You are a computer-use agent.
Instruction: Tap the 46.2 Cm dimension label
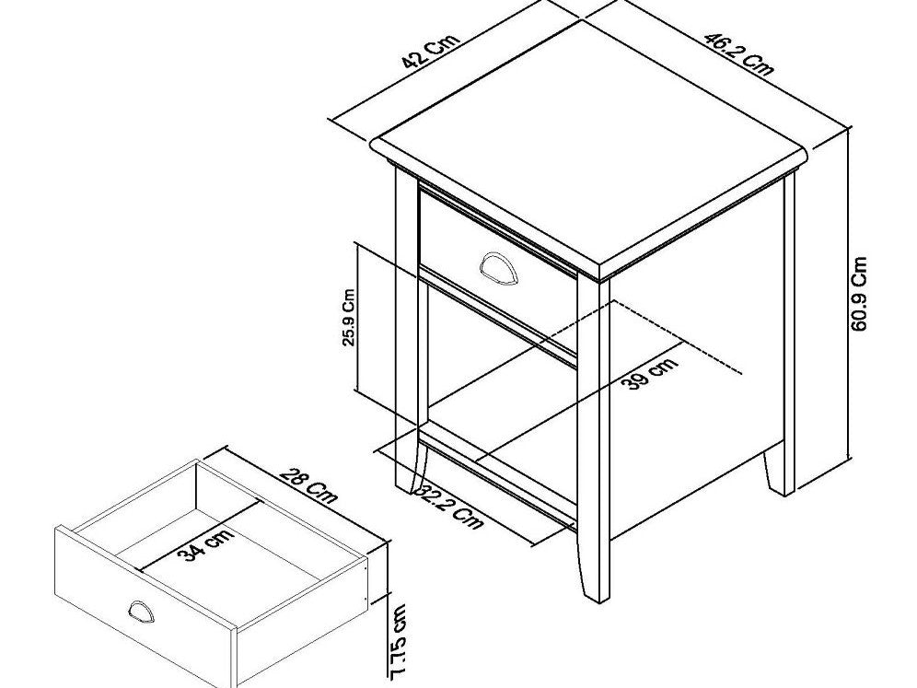pyautogui.click(x=738, y=53)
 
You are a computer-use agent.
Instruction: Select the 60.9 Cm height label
pyautogui.click(x=860, y=295)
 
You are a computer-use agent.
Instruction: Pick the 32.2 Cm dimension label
pyautogui.click(x=450, y=507)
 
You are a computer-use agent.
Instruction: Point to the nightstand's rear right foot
pyautogui.click(x=778, y=474)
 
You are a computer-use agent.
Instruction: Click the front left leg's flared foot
pyautogui.click(x=406, y=474)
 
